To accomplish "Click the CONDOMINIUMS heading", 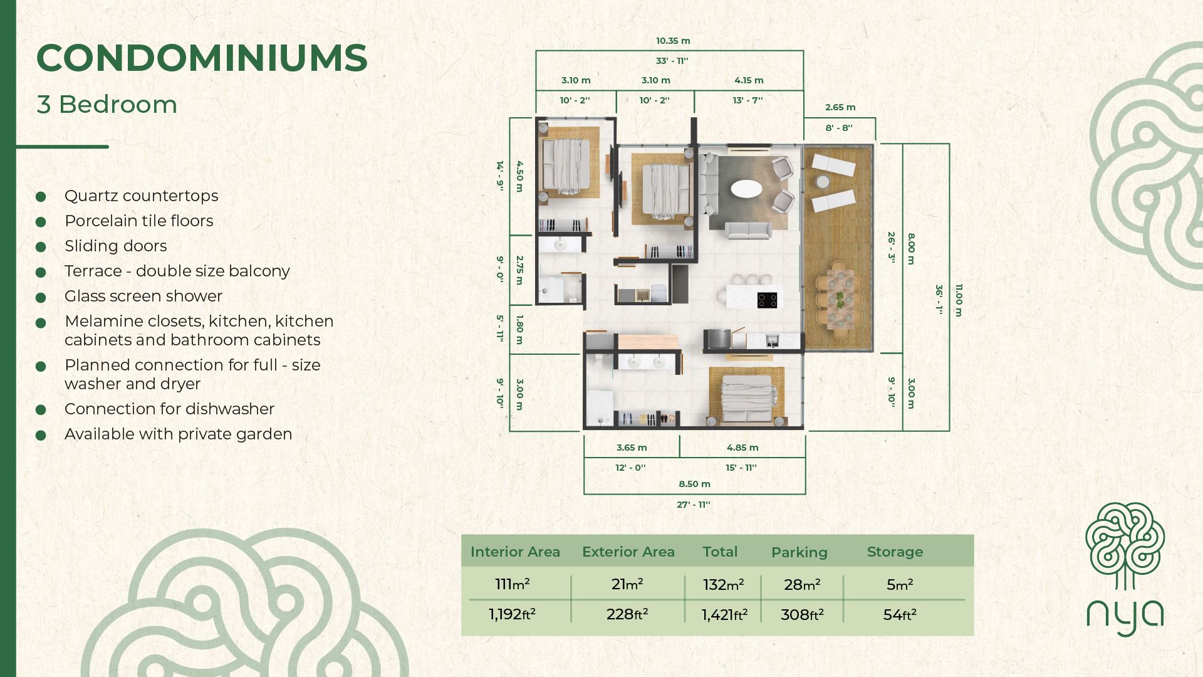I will pos(202,58).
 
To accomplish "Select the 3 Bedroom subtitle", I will pos(107,105).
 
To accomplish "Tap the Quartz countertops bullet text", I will pos(141,196).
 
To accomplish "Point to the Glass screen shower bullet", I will pos(143,296).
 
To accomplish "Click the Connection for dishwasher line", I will pos(169,409).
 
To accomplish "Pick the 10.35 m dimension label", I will pos(673,41).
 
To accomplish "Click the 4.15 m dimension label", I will pos(749,80).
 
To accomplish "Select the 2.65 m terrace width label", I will pos(840,107).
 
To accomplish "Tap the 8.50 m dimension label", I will pos(694,484).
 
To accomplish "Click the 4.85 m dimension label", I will pos(742,448).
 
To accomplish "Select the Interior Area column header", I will pos(515,552).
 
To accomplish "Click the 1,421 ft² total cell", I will pos(724,615).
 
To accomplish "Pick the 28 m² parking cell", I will pos(802,585).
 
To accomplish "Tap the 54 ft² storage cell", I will pos(900,615).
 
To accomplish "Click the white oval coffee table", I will pos(746,188).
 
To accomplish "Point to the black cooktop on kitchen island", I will pos(767,300).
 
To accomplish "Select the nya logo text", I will pos(1125,617).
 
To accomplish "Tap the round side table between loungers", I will pos(823,182).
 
